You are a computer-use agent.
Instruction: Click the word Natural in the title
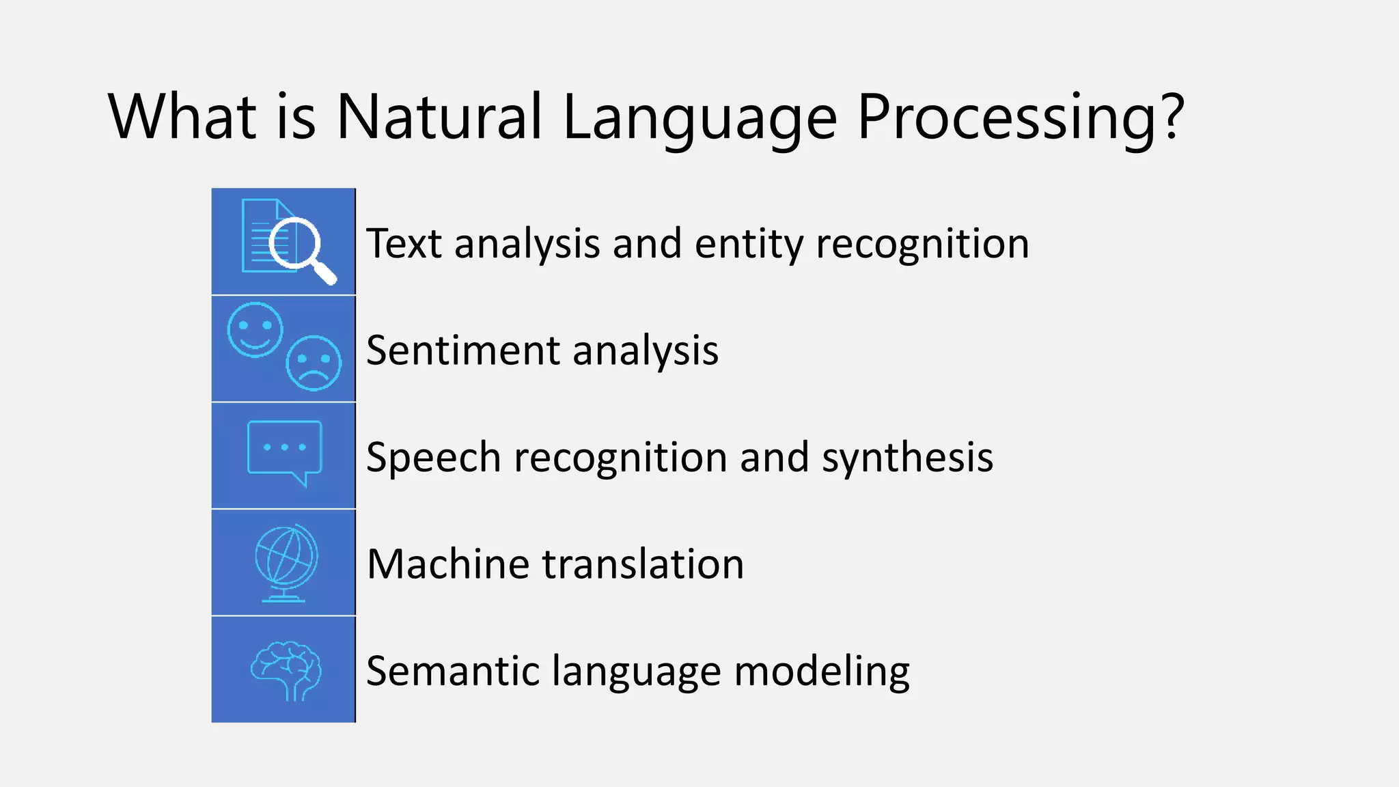[439, 117]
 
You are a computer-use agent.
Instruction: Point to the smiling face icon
[255, 329]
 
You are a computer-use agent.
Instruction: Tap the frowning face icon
[314, 363]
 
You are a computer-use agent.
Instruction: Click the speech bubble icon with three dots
[284, 452]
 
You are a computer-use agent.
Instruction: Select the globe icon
[286, 562]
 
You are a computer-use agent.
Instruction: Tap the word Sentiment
[462, 350]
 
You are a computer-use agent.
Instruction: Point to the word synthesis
[906, 457]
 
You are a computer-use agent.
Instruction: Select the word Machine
[447, 564]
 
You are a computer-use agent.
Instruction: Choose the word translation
[643, 564]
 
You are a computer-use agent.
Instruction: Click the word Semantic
[452, 671]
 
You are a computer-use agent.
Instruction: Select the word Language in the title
[699, 117]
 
